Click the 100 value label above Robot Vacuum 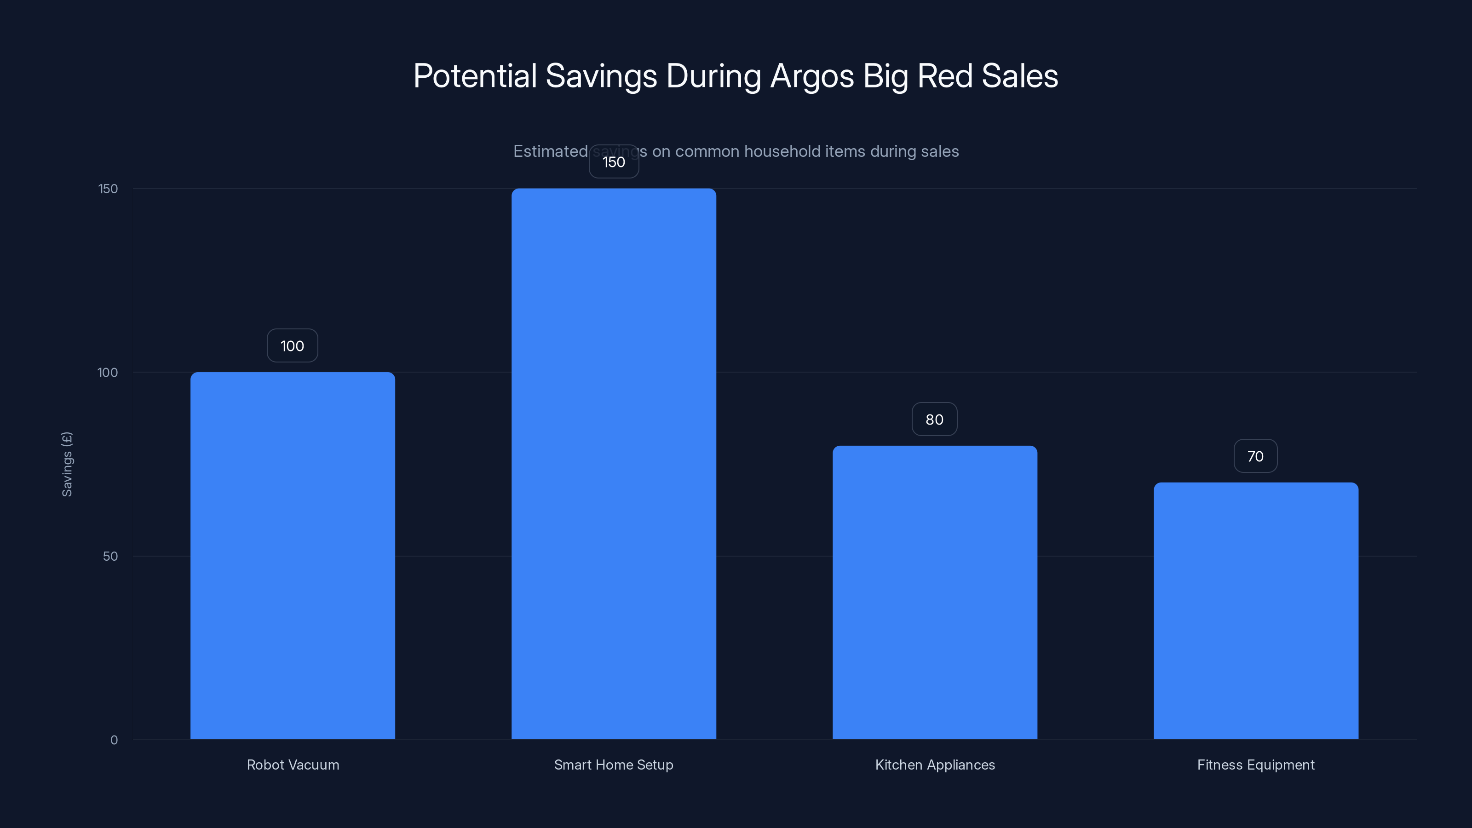[293, 346]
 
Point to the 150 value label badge [614, 162]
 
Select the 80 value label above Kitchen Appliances [934, 420]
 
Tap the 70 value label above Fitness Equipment [1255, 456]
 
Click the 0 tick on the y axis [114, 740]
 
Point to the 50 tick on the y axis [110, 556]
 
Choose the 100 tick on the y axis [108, 373]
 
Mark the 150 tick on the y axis [108, 189]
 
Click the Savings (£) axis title [67, 464]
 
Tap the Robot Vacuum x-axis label [293, 765]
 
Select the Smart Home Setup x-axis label [614, 765]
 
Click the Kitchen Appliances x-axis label [935, 765]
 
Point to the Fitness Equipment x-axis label [1256, 765]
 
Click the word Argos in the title [812, 76]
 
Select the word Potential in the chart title [475, 76]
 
